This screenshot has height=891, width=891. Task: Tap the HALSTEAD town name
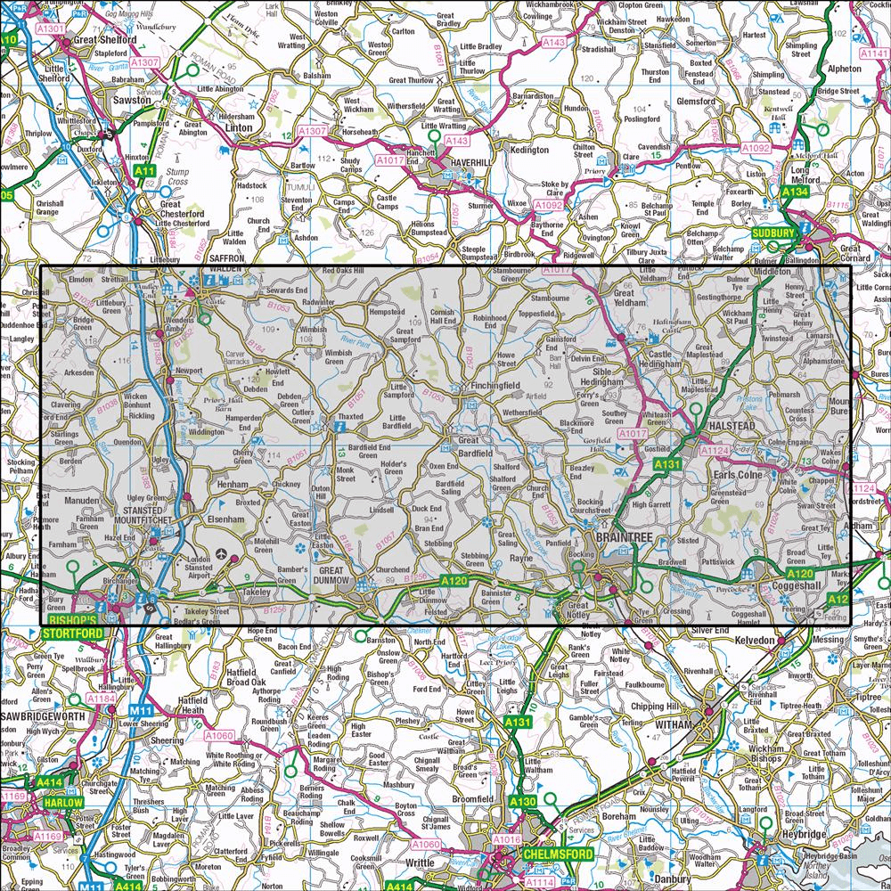(x=728, y=427)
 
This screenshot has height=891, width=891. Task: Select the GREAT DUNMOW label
(x=342, y=576)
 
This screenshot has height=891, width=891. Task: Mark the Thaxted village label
(x=350, y=417)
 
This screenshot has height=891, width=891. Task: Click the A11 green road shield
(x=144, y=170)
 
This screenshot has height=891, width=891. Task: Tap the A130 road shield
(x=523, y=803)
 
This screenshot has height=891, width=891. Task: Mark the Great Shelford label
(x=105, y=40)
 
